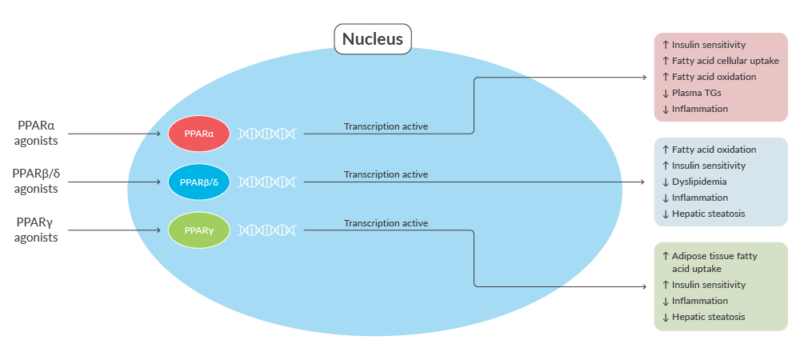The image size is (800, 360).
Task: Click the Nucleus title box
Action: click(x=373, y=38)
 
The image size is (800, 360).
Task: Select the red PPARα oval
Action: click(x=199, y=134)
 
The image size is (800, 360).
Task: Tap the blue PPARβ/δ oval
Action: click(x=199, y=182)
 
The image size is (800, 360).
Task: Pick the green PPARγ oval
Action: click(x=199, y=230)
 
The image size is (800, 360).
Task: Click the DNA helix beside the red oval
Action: click(x=267, y=134)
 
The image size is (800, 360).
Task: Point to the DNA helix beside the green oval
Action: click(x=267, y=230)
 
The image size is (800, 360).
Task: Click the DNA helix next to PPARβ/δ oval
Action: click(x=267, y=182)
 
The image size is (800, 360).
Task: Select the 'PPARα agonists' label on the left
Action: click(x=36, y=134)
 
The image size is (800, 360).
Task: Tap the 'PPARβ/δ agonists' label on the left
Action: click(x=36, y=182)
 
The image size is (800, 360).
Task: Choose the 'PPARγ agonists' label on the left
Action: click(x=36, y=230)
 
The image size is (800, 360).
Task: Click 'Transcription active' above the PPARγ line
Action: click(x=386, y=223)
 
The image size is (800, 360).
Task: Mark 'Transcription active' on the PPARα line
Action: click(x=386, y=126)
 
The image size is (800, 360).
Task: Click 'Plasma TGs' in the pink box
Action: click(x=697, y=93)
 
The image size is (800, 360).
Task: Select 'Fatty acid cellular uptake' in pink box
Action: click(x=726, y=61)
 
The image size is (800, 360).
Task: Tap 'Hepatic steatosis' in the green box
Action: click(x=708, y=317)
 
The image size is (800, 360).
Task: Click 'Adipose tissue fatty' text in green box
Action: click(x=714, y=257)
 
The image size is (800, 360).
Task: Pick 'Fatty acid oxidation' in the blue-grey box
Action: click(x=714, y=150)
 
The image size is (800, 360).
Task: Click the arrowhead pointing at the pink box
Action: click(x=644, y=78)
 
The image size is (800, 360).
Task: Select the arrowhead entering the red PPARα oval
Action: click(x=158, y=134)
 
